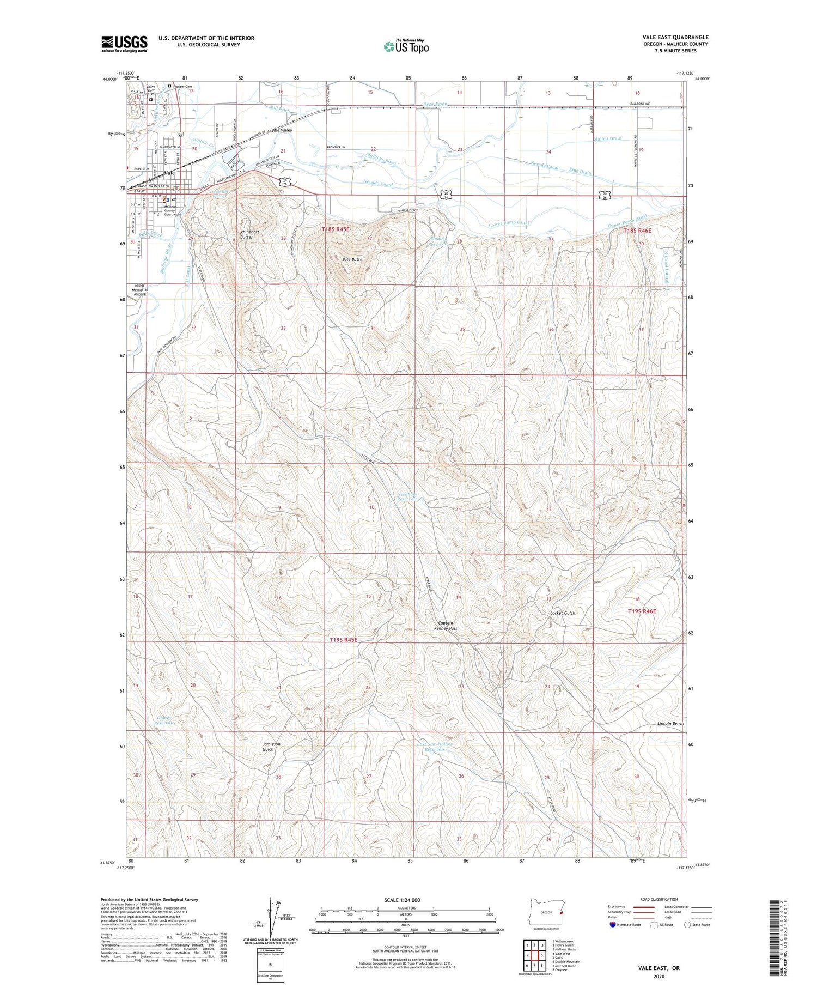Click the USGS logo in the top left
[x=124, y=44]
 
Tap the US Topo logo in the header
[x=406, y=46]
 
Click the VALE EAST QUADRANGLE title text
[x=675, y=37]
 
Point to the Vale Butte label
[x=352, y=260]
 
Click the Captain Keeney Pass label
[x=446, y=626]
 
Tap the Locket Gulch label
[x=563, y=613]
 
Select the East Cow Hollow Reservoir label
[x=435, y=747]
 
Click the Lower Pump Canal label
[x=509, y=223]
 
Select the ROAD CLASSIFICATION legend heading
[x=659, y=899]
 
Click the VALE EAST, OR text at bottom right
[x=660, y=968]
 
